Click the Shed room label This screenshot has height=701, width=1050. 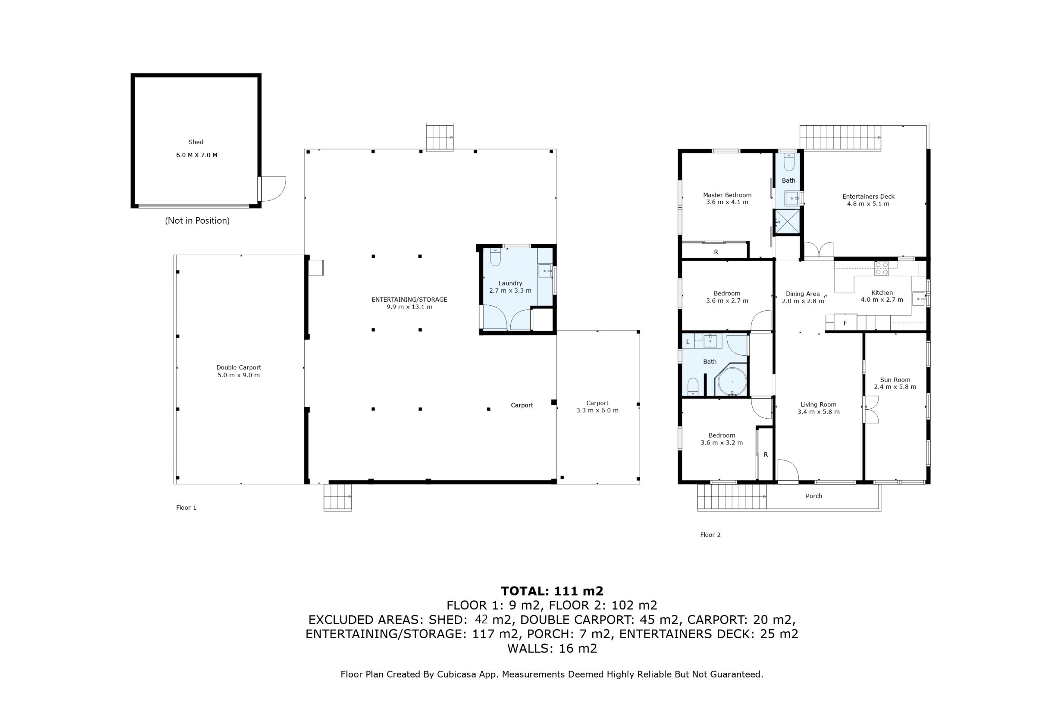(x=196, y=142)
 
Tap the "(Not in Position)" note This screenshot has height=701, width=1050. (x=197, y=220)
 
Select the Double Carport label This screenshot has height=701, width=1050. (x=239, y=367)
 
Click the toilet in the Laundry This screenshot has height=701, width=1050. (x=495, y=257)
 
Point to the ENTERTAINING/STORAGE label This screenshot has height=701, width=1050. (x=409, y=300)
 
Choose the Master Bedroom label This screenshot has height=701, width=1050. (x=727, y=195)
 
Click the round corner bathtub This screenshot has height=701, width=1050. (x=732, y=382)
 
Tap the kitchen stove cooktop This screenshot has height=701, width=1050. (x=881, y=268)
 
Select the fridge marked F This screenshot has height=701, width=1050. (x=845, y=323)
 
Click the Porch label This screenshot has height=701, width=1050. (x=814, y=496)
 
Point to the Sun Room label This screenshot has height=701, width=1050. (x=895, y=380)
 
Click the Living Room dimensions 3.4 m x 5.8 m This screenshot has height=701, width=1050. (x=819, y=412)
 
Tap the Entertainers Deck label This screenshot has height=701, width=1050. (x=868, y=196)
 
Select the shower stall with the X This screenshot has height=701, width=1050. (x=787, y=222)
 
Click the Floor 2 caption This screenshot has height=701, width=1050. (x=710, y=535)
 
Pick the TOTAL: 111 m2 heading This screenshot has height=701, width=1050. (x=552, y=591)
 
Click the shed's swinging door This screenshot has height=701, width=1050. (x=273, y=189)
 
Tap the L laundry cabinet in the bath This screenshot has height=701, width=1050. (x=688, y=341)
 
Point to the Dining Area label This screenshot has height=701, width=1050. (x=802, y=294)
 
